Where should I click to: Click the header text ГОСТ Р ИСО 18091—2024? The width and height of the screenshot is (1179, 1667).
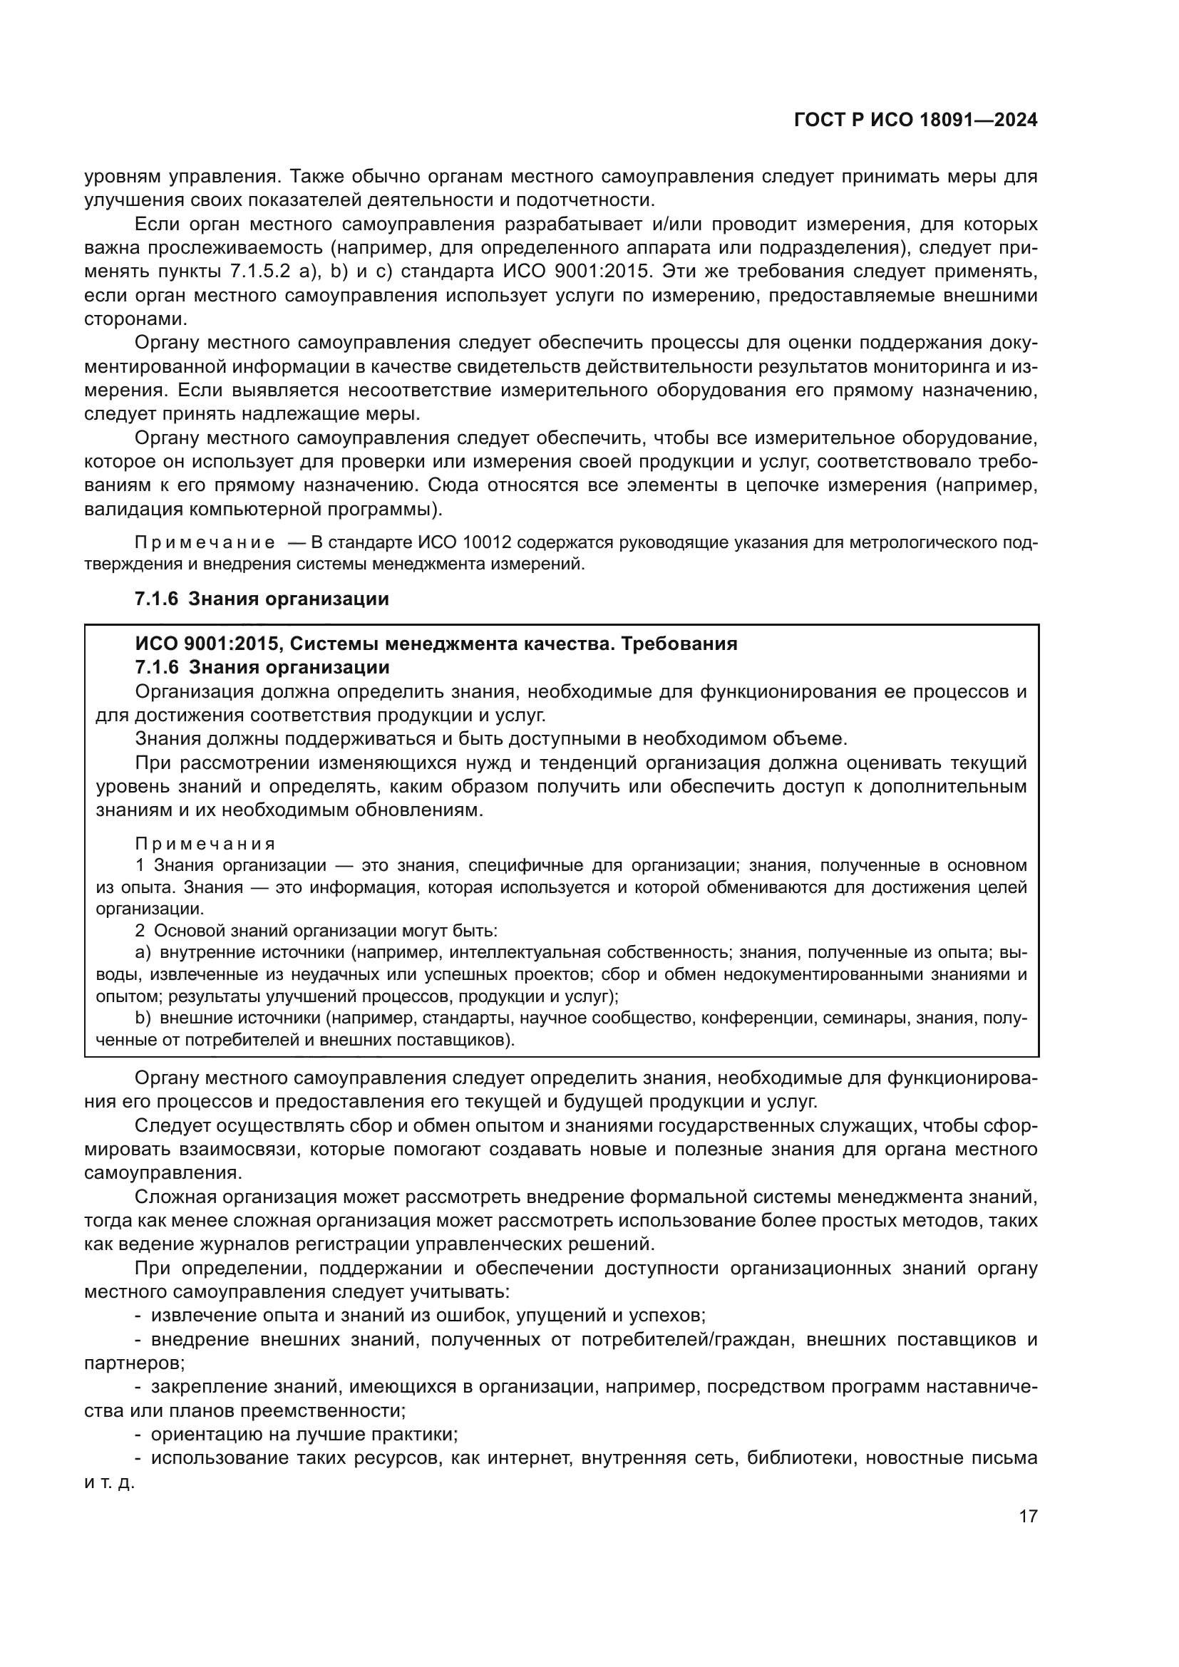[x=915, y=120]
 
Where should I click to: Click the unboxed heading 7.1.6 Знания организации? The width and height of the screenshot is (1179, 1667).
[x=262, y=598]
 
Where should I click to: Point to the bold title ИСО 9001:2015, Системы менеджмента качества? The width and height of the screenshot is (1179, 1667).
[x=436, y=644]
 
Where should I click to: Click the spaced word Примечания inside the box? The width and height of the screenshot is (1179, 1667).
[x=205, y=844]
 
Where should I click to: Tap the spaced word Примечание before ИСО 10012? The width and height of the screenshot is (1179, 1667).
[x=205, y=542]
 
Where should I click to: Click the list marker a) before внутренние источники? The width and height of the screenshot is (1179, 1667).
[x=143, y=952]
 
